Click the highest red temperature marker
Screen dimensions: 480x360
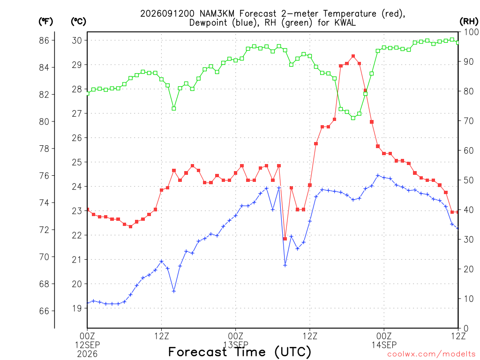tap(353, 56)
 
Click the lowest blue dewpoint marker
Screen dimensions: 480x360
tap(174, 291)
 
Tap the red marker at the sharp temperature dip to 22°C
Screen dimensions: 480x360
tap(285, 239)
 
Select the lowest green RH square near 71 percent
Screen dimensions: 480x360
tap(353, 118)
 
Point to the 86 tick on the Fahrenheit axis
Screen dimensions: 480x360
tap(44, 40)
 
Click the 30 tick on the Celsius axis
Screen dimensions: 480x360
tap(77, 40)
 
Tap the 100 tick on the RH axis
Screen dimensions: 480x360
tap(471, 32)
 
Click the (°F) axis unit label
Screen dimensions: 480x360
tap(45, 22)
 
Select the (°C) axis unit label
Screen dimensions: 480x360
tap(78, 22)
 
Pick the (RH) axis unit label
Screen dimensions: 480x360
tap(469, 22)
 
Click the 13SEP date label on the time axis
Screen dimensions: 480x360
tap(236, 345)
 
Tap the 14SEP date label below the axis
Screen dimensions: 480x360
tap(384, 345)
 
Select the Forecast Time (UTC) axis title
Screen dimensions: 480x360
tap(240, 352)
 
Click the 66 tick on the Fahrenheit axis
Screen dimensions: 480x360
tap(44, 311)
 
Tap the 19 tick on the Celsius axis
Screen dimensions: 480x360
tap(77, 308)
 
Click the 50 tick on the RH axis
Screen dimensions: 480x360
tap(469, 180)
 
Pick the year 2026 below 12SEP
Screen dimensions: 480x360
tap(87, 354)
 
